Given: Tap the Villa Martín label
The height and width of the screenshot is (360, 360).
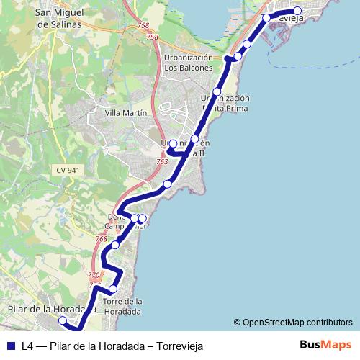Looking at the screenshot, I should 125,113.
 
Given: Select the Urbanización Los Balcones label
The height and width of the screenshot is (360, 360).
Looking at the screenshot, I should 189,63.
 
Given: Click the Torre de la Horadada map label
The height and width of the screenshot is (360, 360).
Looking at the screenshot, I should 122,306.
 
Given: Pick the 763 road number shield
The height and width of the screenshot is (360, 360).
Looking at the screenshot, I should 163,162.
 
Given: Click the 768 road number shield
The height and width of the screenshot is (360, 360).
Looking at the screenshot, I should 101,239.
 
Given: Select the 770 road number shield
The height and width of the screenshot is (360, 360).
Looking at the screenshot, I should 94,275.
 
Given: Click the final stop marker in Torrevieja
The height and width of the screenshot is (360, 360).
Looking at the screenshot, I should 297,12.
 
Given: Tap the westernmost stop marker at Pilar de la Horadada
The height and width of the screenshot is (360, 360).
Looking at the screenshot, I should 62,320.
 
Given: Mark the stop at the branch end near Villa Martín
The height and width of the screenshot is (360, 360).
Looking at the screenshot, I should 173,143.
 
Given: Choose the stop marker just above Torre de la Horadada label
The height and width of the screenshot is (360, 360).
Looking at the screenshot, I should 113,289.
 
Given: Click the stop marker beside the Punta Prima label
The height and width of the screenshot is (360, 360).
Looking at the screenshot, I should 216,92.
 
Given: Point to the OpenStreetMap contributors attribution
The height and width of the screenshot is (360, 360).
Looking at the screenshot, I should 293,323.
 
